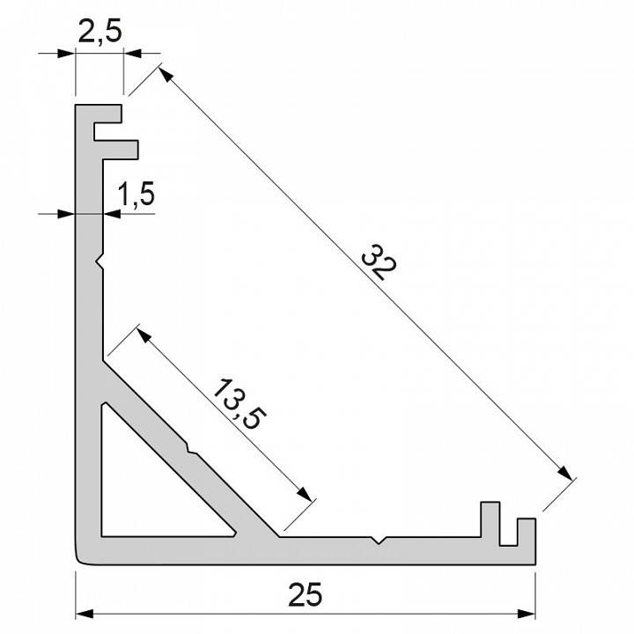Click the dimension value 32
[x=376, y=265]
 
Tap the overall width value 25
[x=306, y=595]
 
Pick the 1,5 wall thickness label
[x=136, y=194]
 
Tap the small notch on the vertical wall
[x=100, y=262]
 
